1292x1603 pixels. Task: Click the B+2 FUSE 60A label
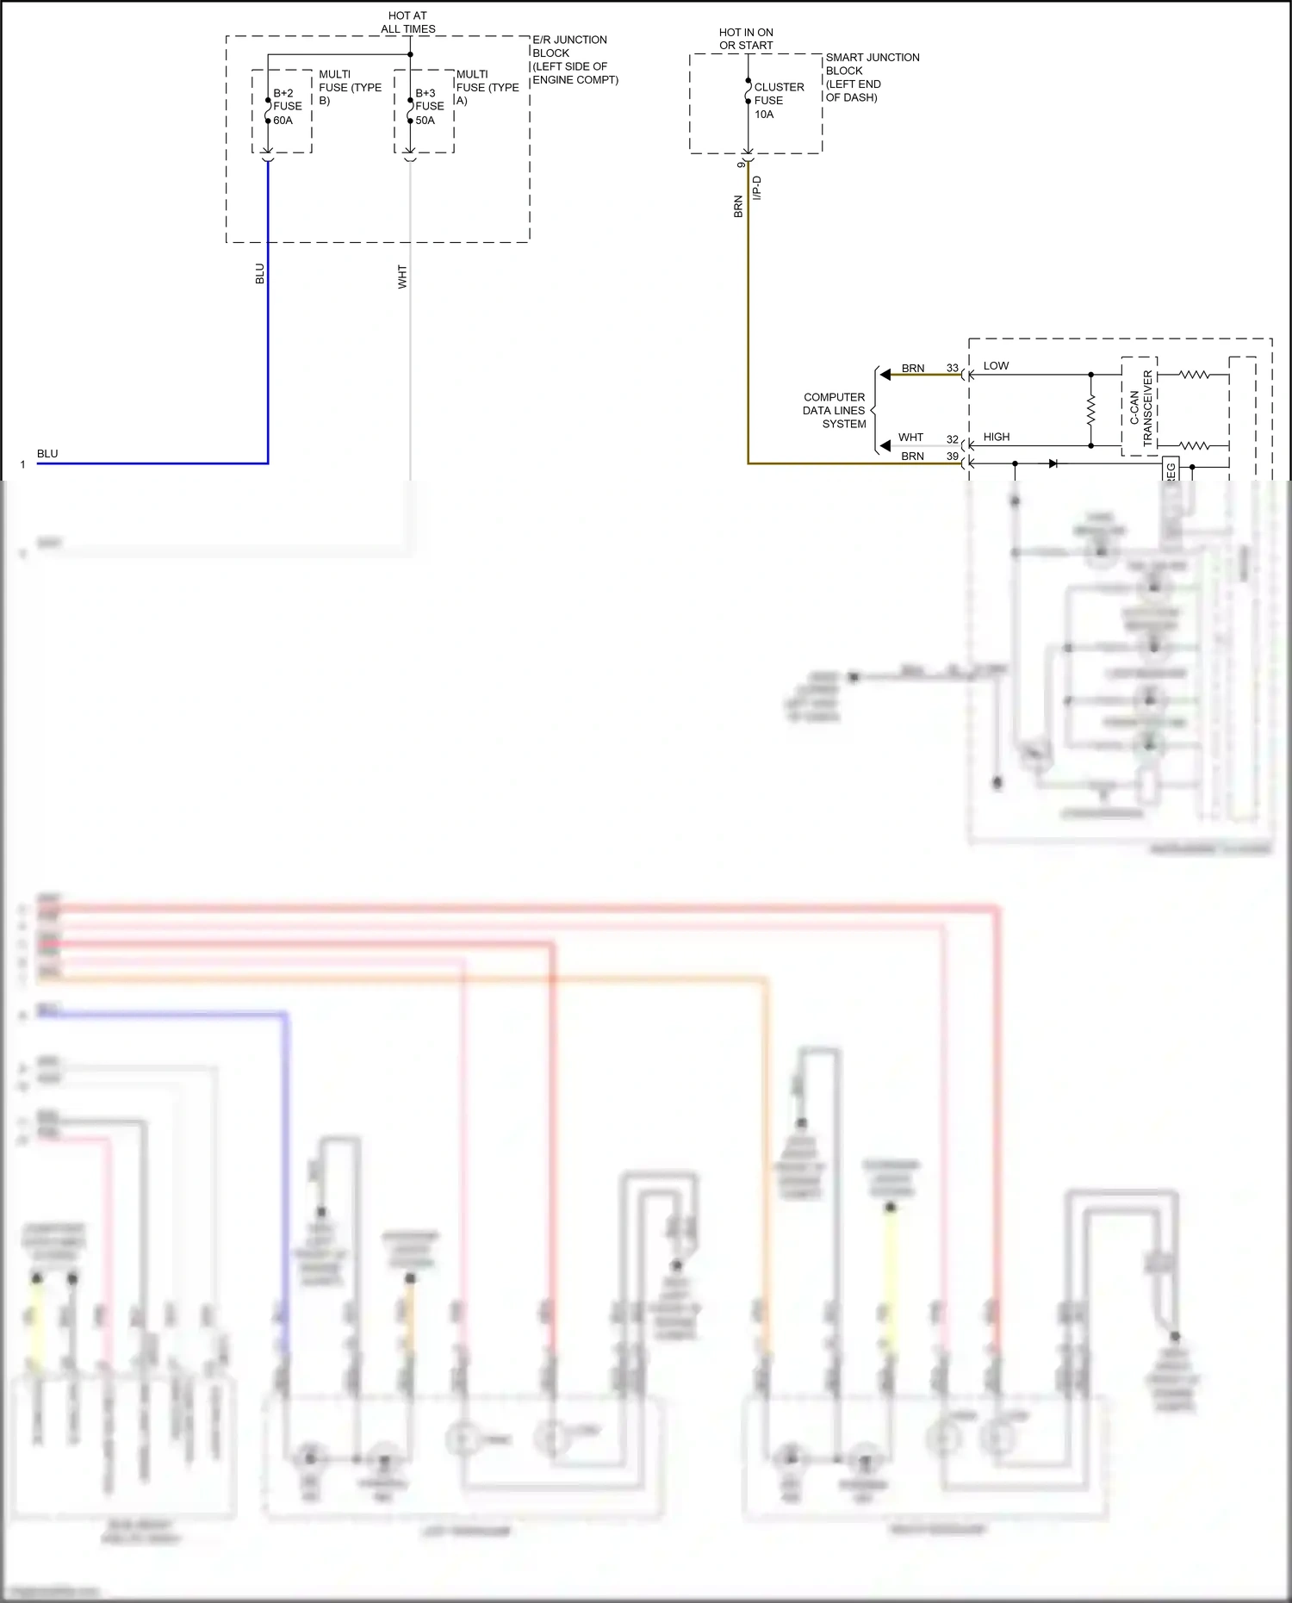287,107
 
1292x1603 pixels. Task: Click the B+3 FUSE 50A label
429,107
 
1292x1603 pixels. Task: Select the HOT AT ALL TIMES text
407,22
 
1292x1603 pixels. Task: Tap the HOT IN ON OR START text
746,39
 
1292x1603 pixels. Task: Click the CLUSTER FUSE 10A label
778,101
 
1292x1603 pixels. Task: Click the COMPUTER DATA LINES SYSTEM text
834,411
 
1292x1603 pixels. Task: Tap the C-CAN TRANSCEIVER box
1140,407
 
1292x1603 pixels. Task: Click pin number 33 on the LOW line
952,368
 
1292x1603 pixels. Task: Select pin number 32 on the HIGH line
952,439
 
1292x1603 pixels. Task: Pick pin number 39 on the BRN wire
952,457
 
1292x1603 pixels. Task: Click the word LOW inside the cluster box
996,366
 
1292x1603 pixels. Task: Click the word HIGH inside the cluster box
996,438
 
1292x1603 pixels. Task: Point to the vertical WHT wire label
402,276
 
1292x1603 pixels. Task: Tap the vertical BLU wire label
259,274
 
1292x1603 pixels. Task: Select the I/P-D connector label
757,188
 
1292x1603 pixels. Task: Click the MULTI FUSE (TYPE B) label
349,87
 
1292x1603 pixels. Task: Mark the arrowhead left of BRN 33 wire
885,375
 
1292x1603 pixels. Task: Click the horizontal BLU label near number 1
47,454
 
